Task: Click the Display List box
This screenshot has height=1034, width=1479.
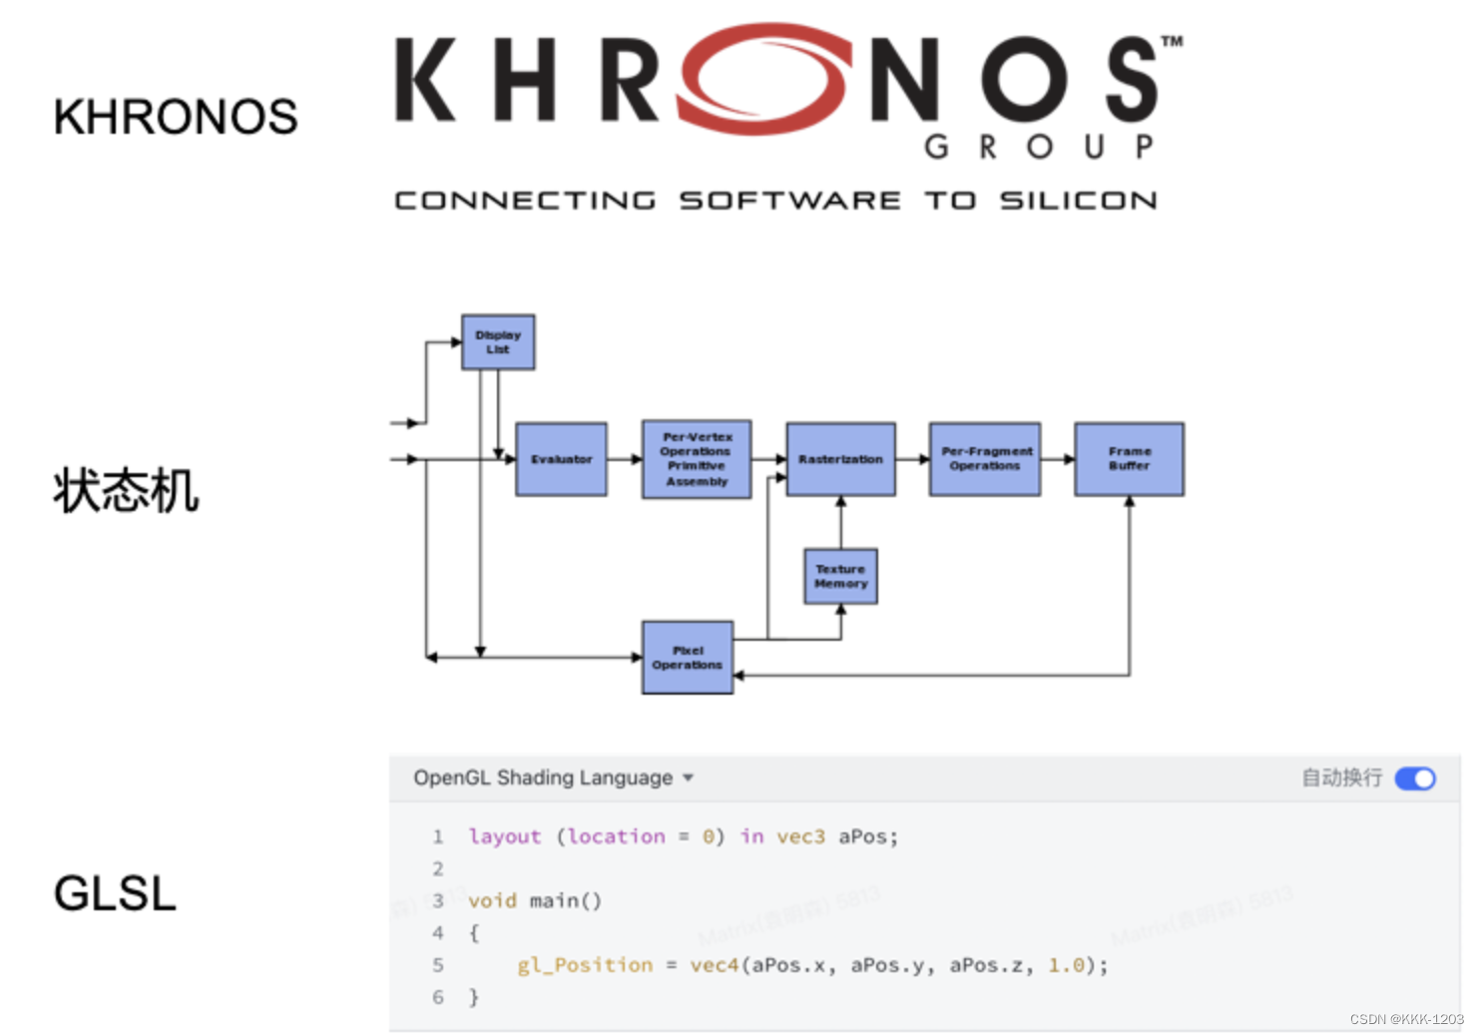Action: click(x=498, y=342)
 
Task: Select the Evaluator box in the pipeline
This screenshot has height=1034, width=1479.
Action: click(x=561, y=459)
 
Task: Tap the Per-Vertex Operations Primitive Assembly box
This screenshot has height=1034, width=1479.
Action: click(x=697, y=459)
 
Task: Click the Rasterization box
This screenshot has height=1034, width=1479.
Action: click(x=840, y=459)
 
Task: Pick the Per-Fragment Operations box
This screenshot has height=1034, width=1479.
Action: click(x=985, y=459)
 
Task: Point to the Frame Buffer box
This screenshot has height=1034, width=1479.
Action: click(x=1129, y=459)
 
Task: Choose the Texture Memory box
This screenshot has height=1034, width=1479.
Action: click(x=840, y=576)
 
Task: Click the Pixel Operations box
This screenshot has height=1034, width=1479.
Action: click(x=688, y=658)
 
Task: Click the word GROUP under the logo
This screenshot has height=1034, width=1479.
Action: click(x=1039, y=148)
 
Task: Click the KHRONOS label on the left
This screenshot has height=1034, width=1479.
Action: click(x=176, y=117)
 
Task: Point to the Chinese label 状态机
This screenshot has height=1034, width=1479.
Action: click(x=127, y=491)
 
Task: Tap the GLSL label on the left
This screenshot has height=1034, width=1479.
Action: click(x=115, y=893)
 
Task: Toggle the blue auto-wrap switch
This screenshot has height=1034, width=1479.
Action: click(x=1415, y=778)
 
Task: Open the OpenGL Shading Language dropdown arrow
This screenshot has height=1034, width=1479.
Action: click(x=688, y=778)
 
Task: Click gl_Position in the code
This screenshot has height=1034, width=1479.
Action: click(x=585, y=965)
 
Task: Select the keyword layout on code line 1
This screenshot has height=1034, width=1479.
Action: click(x=505, y=836)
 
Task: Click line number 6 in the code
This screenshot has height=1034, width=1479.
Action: click(x=438, y=997)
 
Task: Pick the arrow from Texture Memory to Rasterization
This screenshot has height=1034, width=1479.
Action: click(x=840, y=522)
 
